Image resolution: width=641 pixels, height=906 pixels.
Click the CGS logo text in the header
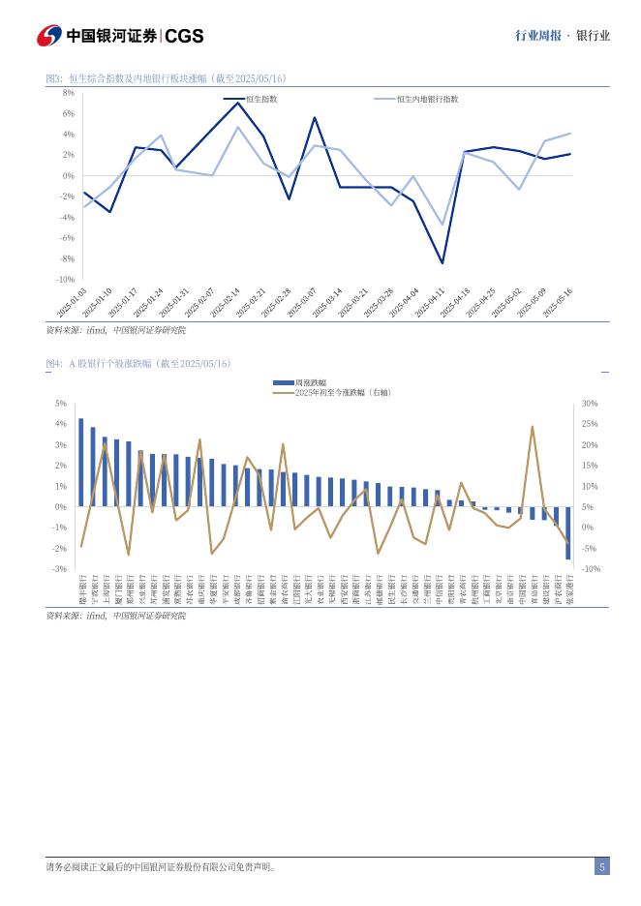pos(184,36)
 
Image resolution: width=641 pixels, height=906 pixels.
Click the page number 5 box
pos(601,867)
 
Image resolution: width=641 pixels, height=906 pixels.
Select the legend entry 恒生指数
pos(261,99)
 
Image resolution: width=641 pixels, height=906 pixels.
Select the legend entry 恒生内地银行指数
pos(427,99)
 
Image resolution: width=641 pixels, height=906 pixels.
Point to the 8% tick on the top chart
pos(69,93)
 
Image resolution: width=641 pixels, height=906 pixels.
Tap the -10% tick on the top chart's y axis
pos(67,280)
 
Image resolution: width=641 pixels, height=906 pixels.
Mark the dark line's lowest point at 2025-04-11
pos(443,263)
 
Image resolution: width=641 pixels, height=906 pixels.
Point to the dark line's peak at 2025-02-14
pos(239,103)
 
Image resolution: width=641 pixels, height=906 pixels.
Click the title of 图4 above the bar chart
pos(139,364)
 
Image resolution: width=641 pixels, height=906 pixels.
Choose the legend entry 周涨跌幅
pos(310,383)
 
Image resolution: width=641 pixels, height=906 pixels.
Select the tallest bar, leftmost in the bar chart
pos(81,463)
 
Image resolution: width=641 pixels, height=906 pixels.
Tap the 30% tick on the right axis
pos(590,404)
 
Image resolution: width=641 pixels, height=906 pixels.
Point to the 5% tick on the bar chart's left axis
pos(61,404)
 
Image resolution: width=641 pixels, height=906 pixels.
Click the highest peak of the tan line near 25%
pos(533,426)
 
